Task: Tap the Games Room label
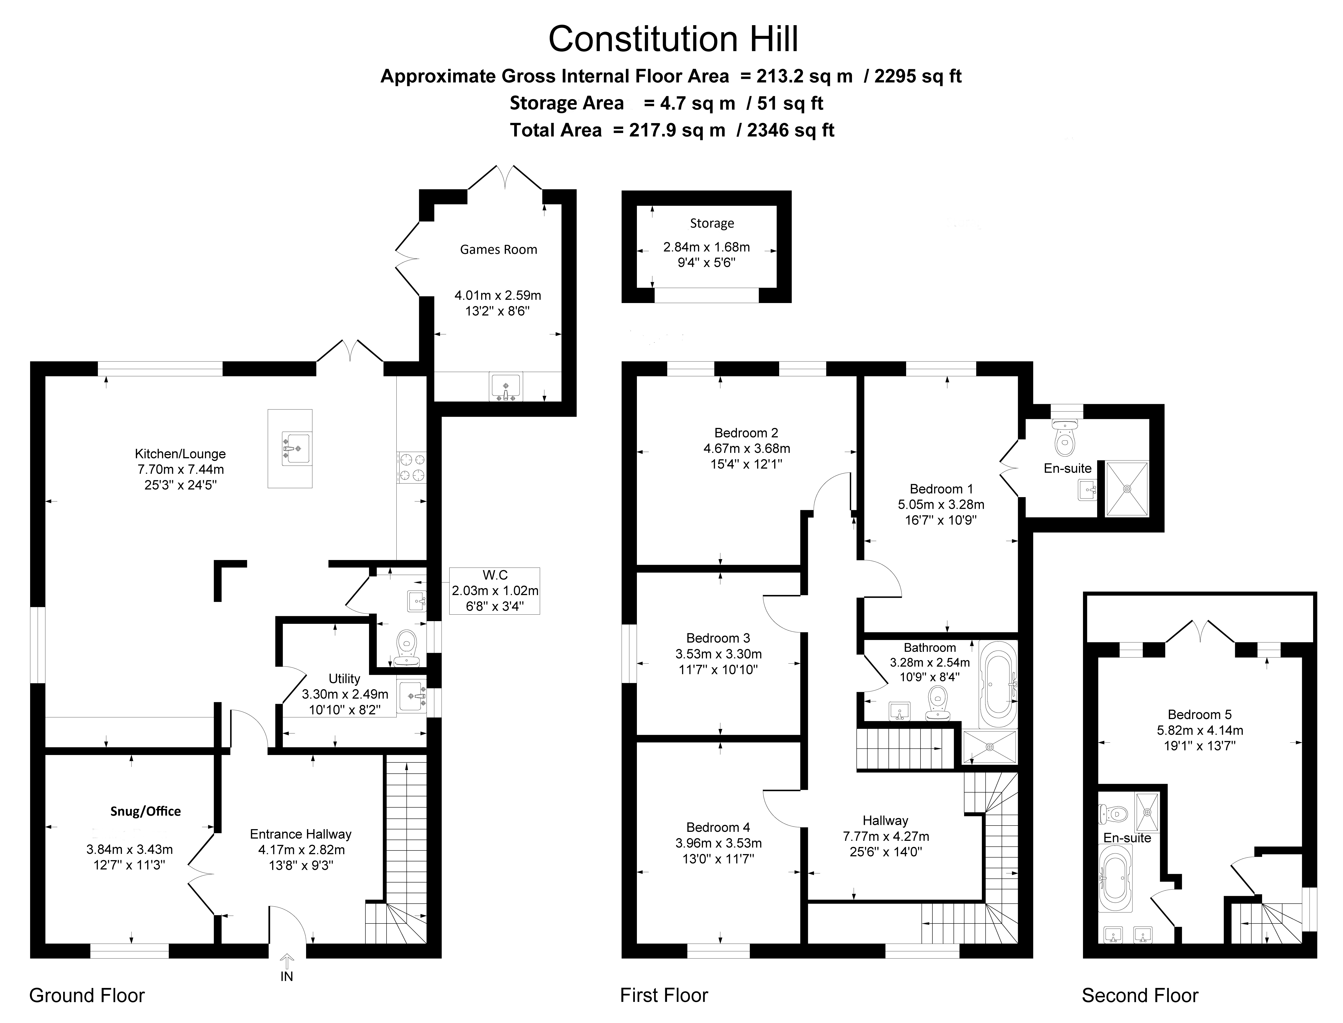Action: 498,250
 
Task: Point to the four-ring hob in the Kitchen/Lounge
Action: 411,467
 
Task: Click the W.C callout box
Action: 495,591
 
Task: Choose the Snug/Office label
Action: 146,811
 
